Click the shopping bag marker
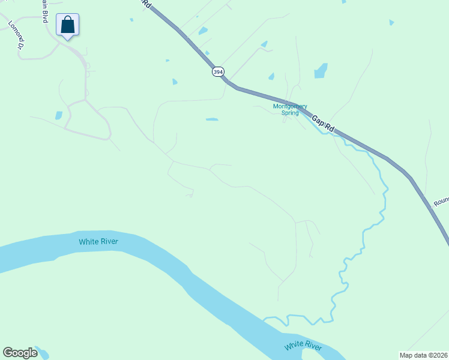pos(68,25)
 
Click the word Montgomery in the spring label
pos(290,106)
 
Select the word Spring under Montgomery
pos(290,113)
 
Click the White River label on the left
pos(98,242)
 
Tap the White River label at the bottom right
pos(303,346)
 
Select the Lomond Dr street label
pos(16,35)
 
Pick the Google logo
pos(20,353)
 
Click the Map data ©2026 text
pos(423,354)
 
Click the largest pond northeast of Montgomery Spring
pos(321,71)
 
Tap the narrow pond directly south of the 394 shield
pos(212,119)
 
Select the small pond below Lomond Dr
pos(59,115)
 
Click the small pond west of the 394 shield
pos(175,82)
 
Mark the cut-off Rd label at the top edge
pos(146,4)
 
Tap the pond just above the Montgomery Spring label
pos(271,76)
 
